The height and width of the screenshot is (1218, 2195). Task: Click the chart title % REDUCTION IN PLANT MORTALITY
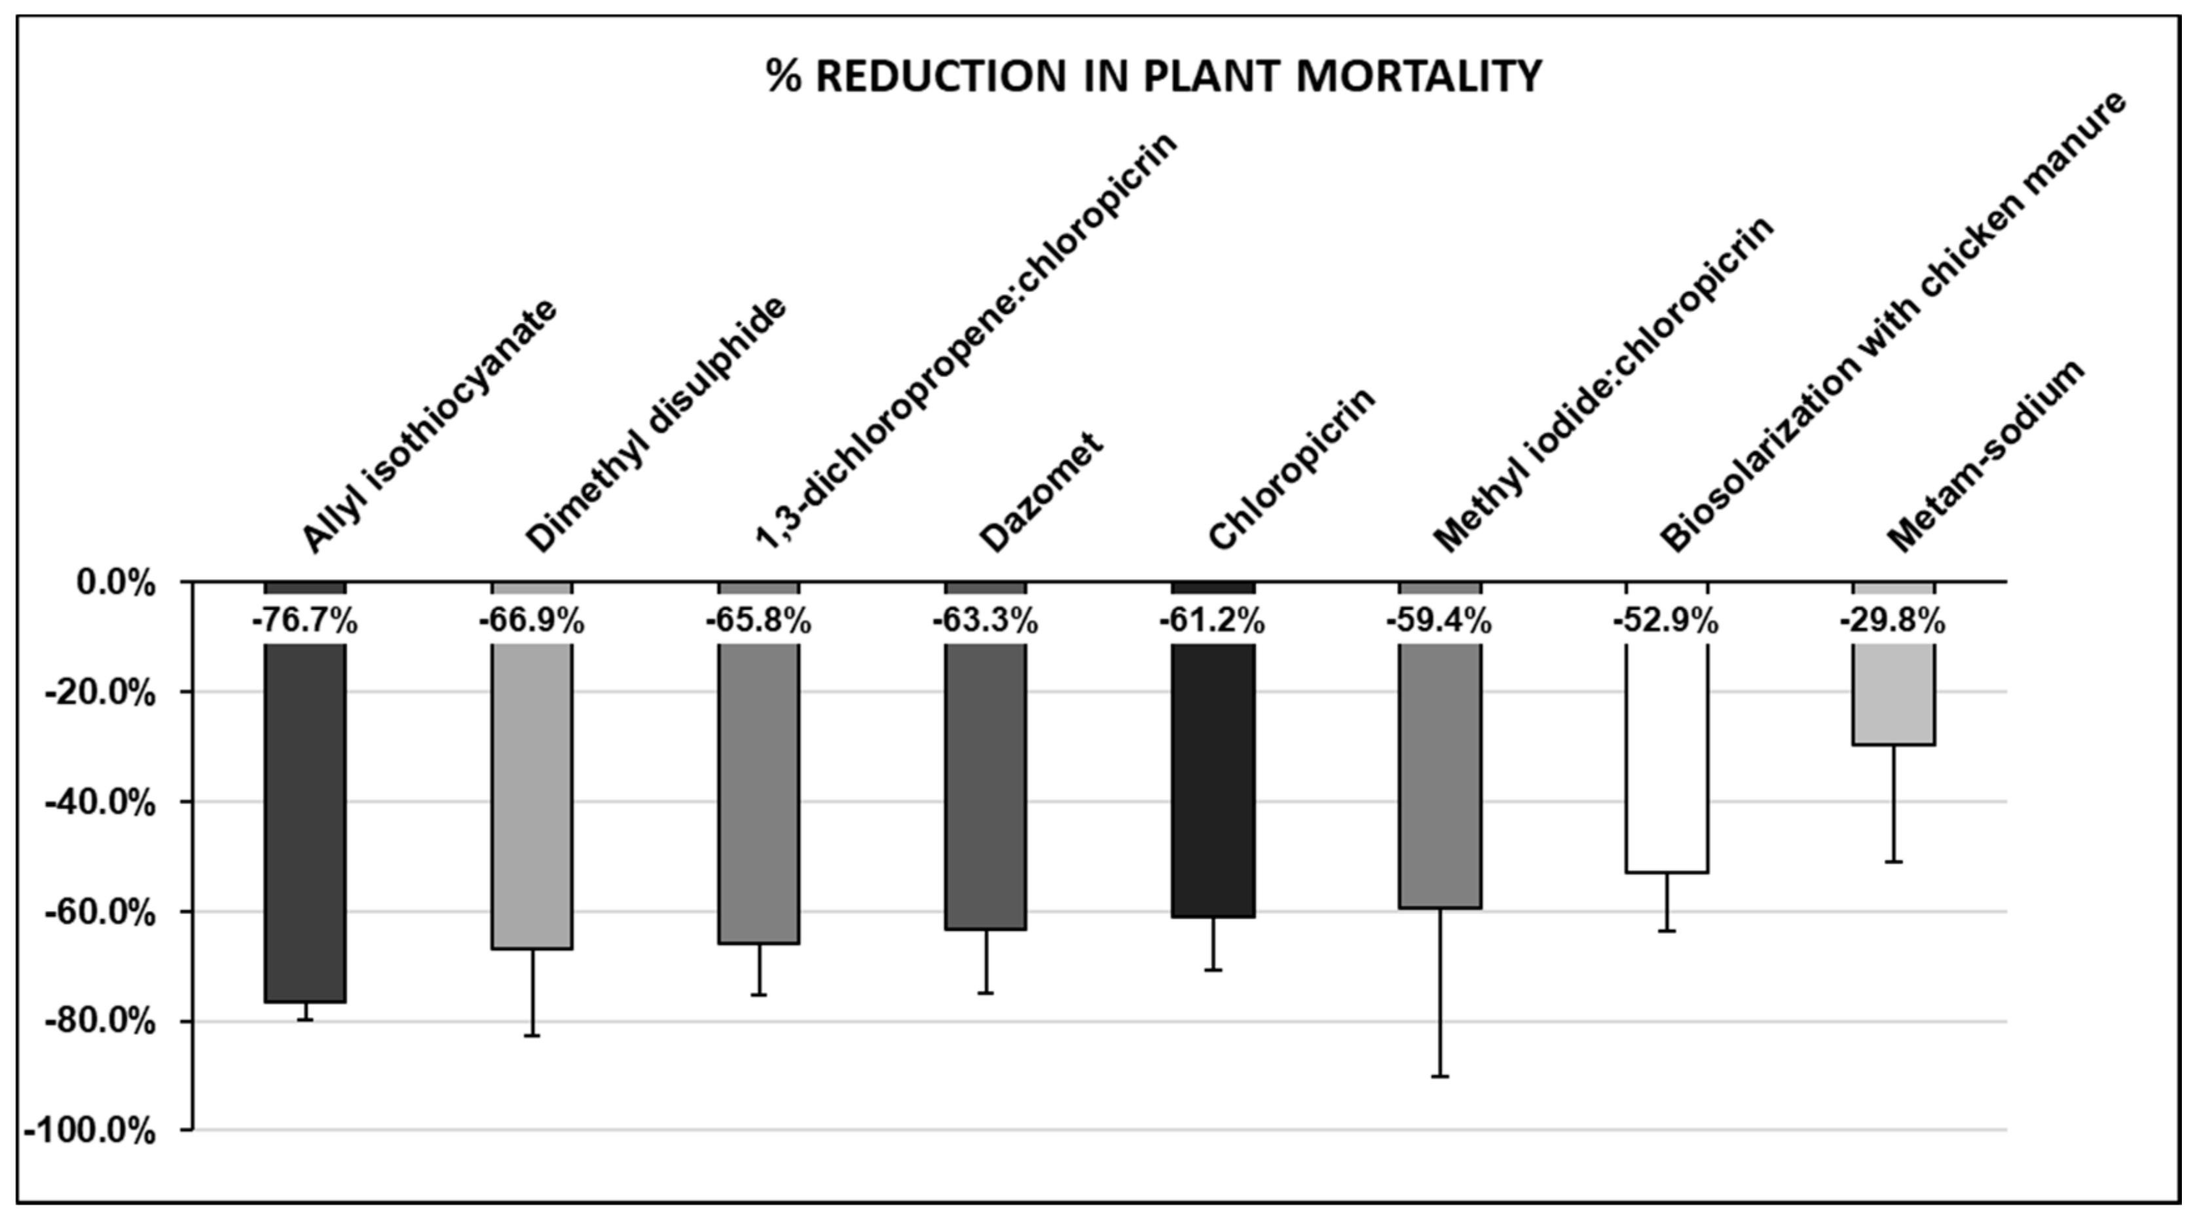pyautogui.click(x=1153, y=77)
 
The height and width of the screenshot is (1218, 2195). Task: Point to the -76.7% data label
pyautogui.click(x=304, y=622)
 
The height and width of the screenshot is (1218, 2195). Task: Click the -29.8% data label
pyautogui.click(x=1892, y=622)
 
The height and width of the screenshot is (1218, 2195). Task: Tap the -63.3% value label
pyautogui.click(x=985, y=622)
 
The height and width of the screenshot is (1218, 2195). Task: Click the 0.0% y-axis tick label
pyautogui.click(x=116, y=584)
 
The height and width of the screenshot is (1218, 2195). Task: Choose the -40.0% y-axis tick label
pyautogui.click(x=101, y=803)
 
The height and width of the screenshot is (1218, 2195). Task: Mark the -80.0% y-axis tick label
pyautogui.click(x=101, y=1022)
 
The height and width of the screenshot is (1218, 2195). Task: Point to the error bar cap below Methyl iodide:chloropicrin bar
pyautogui.click(x=1440, y=1077)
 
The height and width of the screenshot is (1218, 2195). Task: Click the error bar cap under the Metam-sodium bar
pyautogui.click(x=1893, y=862)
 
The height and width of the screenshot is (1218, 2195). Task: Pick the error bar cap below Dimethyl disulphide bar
pyautogui.click(x=532, y=1035)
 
